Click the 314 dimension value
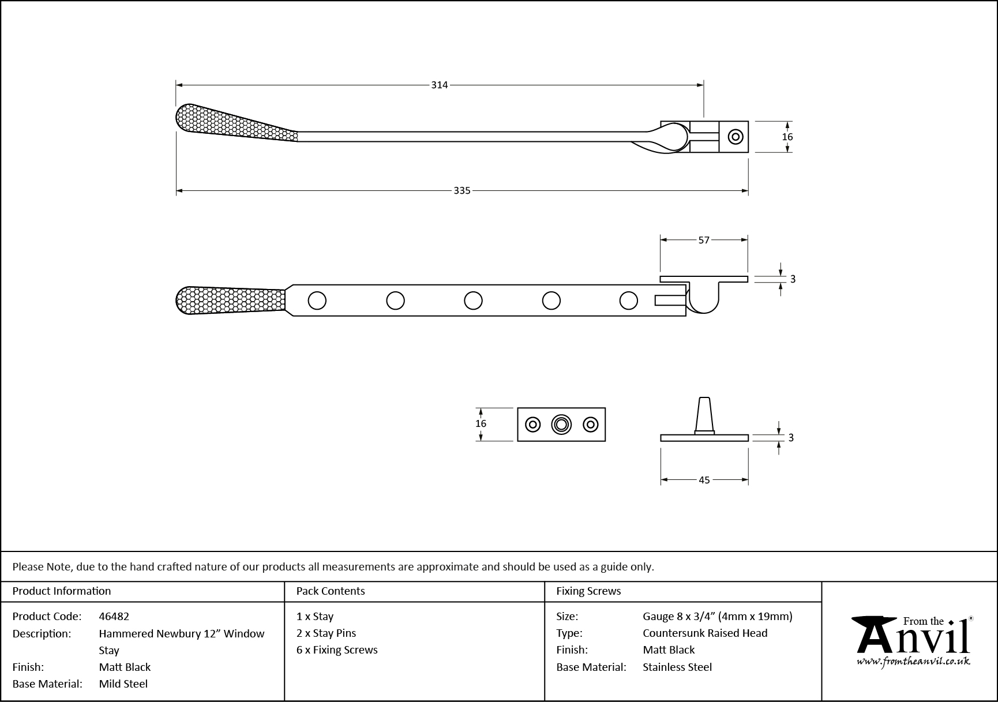(439, 85)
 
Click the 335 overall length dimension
(462, 190)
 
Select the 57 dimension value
(704, 240)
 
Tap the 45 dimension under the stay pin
(704, 480)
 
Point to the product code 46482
(114, 616)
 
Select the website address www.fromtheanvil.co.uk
(913, 662)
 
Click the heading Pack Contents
(331, 591)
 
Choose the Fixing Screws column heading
(588, 591)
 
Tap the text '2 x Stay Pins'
(326, 633)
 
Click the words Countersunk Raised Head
(705, 633)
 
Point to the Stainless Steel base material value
(677, 667)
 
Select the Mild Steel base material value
(123, 684)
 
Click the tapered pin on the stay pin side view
(704, 414)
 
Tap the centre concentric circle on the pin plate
(561, 425)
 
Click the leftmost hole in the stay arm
(317, 301)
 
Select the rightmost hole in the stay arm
(628, 301)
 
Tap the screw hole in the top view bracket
(734, 137)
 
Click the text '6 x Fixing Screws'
(337, 650)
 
